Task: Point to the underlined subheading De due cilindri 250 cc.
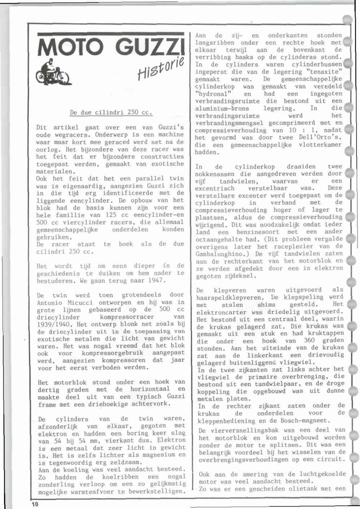pyautogui.click(x=111, y=112)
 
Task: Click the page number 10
pyautogui.click(x=34, y=504)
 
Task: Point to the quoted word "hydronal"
pyautogui.click(x=213, y=94)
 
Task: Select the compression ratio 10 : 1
pyautogui.click(x=301, y=130)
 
